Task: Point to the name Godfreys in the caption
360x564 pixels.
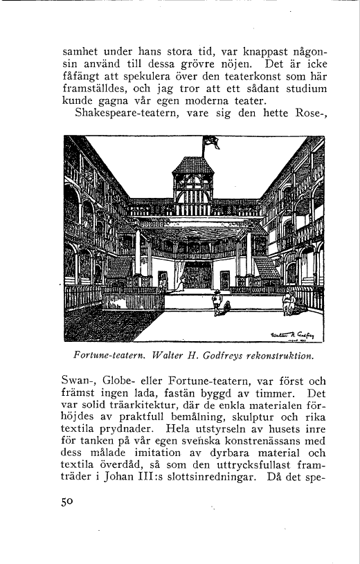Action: point(226,356)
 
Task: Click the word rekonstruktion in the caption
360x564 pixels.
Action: point(281,356)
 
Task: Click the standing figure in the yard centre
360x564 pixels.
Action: point(217,302)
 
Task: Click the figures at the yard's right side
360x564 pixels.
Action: point(289,302)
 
